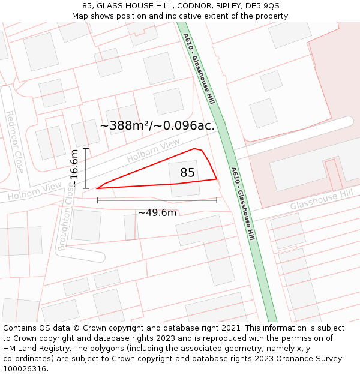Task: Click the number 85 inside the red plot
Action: tap(187, 173)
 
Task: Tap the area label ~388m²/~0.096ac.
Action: tap(157, 126)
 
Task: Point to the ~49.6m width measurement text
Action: tap(157, 212)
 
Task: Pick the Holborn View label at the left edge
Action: tap(35, 191)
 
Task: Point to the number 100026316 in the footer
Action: tap(25, 369)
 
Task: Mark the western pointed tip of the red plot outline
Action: tap(97, 188)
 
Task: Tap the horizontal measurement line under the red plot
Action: tap(157, 200)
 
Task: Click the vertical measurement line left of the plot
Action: tap(86, 168)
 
